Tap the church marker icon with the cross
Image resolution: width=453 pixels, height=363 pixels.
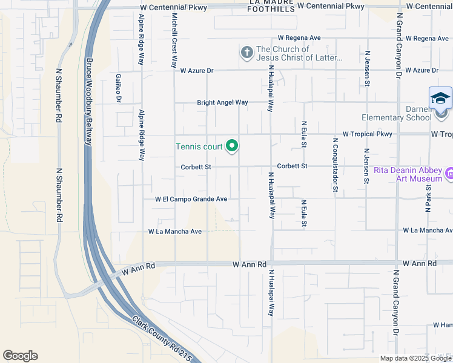(x=246, y=53)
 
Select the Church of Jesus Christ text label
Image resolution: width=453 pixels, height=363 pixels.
(x=299, y=54)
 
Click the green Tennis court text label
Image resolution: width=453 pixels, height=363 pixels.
(x=199, y=146)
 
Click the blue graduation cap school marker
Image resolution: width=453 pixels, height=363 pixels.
(x=440, y=98)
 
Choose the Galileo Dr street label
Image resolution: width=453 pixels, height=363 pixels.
(x=119, y=88)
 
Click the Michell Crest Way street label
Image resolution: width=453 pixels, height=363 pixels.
(x=174, y=40)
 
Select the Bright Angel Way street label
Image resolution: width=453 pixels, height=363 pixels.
(x=222, y=102)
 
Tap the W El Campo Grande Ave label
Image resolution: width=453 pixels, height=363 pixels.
(x=191, y=198)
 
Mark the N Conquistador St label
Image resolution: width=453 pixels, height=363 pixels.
(x=334, y=165)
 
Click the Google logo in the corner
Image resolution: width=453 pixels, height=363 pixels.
(x=21, y=356)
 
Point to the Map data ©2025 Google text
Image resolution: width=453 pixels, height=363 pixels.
(x=415, y=358)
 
